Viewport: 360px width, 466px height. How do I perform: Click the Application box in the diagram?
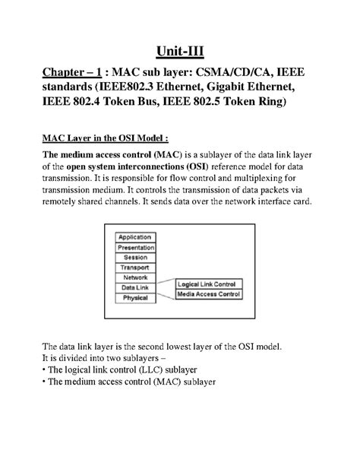(137, 237)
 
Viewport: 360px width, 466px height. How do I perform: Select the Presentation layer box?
(137, 247)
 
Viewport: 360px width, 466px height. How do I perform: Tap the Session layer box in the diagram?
(137, 257)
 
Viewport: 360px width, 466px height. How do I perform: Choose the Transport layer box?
(137, 268)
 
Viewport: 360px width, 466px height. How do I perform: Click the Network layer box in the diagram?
(137, 277)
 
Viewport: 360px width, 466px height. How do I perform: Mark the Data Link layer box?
(137, 287)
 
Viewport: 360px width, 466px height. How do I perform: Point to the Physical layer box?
(137, 298)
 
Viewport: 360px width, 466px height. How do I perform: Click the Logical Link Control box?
(208, 283)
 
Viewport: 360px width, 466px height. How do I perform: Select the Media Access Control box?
(208, 293)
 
